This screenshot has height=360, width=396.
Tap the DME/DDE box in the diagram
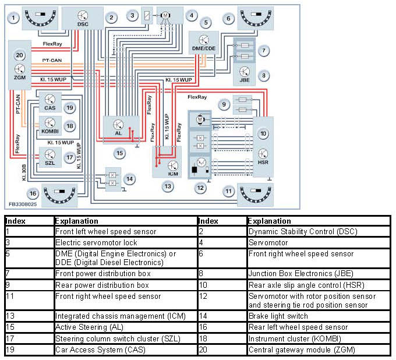pos(204,42)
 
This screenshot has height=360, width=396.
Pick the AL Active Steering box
pos(121,128)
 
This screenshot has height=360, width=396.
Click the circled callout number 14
pos(130,178)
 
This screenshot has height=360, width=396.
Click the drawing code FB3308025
pos(23,205)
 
